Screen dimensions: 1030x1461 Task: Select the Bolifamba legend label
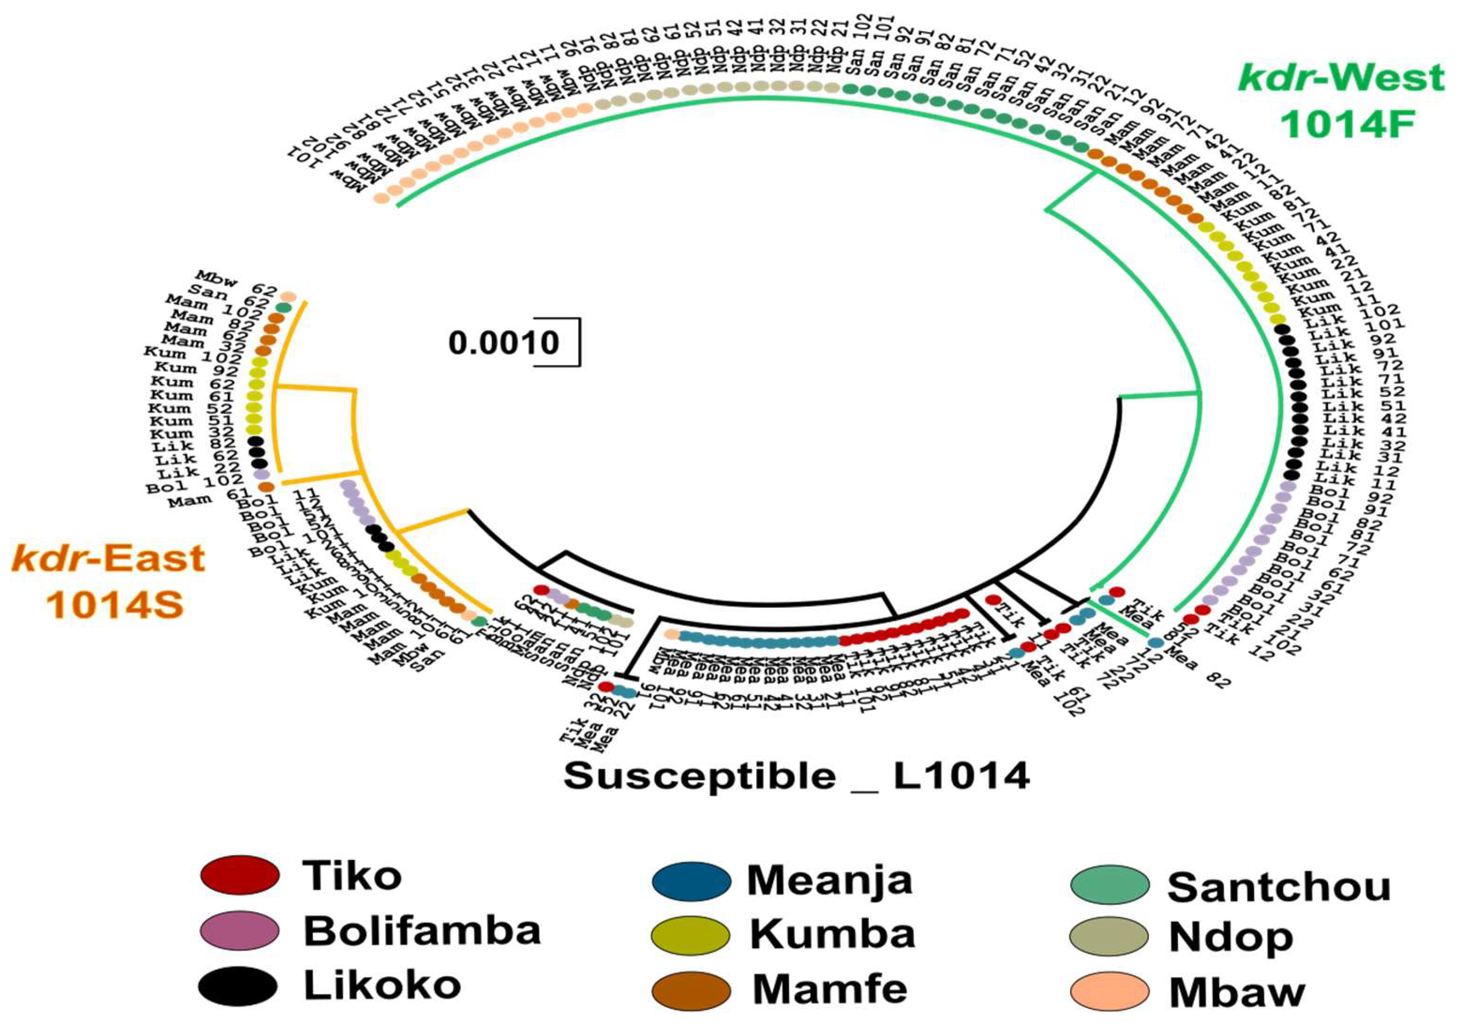(x=422, y=931)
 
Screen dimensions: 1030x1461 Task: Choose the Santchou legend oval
(x=1110, y=885)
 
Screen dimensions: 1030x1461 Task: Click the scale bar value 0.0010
(x=503, y=343)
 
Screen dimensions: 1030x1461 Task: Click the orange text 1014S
(x=115, y=603)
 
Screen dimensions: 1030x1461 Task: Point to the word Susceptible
(x=699, y=777)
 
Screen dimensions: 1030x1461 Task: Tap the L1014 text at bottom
(x=962, y=777)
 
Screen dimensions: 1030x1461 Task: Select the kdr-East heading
(x=108, y=559)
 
